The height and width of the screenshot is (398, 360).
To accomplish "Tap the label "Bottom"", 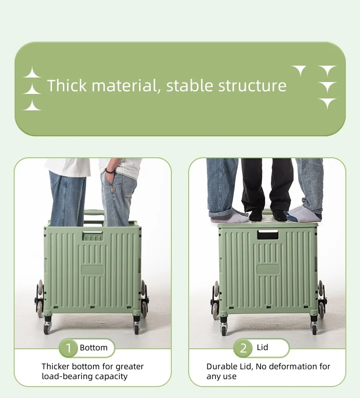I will (x=94, y=348).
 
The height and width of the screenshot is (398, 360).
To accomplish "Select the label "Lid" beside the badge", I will (x=262, y=348).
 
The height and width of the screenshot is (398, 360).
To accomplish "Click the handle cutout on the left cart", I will (x=93, y=236).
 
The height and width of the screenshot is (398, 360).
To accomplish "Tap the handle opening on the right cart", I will (x=267, y=235).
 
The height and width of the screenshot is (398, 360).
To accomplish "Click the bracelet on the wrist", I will (x=109, y=171).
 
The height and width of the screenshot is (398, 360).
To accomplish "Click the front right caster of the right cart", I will (x=314, y=327).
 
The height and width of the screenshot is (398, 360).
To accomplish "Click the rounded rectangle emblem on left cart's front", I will (x=93, y=269).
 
